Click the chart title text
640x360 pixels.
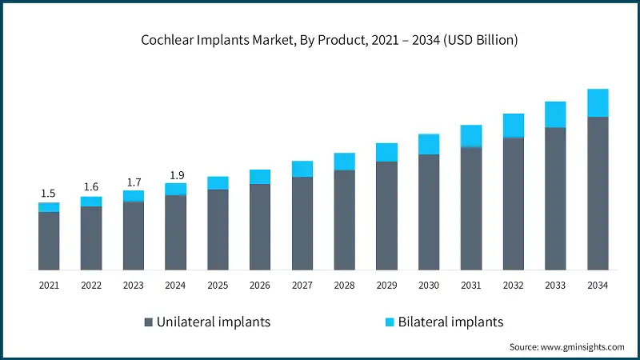click(x=320, y=40)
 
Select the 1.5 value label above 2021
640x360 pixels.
click(x=48, y=193)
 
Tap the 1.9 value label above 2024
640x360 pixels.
click(x=175, y=175)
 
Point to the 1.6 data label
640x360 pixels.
click(x=90, y=187)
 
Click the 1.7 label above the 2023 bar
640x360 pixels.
click(x=133, y=182)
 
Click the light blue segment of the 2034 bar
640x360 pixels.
click(x=598, y=103)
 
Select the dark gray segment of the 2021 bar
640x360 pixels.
click(x=48, y=240)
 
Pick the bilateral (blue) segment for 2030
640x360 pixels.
click(x=429, y=144)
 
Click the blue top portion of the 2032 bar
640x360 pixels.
click(x=513, y=126)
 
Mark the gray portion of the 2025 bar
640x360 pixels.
click(x=218, y=230)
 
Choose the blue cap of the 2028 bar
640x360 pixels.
click(x=344, y=162)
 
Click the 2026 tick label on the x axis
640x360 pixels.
click(x=260, y=284)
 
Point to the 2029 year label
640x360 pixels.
click(x=386, y=284)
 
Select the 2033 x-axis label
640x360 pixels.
click(x=555, y=284)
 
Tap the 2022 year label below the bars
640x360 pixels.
click(x=90, y=284)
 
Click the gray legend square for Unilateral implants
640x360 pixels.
click(x=149, y=322)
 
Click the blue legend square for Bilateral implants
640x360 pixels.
click(x=390, y=322)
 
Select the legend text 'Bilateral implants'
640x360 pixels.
click(x=452, y=322)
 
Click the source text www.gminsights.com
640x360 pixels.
click(x=566, y=346)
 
